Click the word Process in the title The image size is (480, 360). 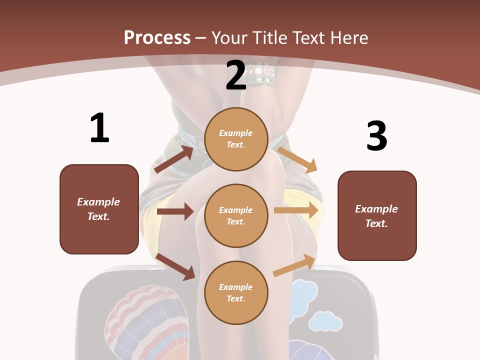pos(157,37)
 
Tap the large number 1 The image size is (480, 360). pos(99,128)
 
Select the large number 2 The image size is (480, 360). pos(236,75)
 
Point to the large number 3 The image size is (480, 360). pos(376,136)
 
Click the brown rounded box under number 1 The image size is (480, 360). pos(99,209)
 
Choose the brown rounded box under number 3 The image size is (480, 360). pos(377,215)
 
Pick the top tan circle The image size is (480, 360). pos(236,139)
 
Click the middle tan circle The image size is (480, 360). pos(236,215)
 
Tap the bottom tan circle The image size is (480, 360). pos(236,292)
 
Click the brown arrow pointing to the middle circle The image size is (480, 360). pos(175,211)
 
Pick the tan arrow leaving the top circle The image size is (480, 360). pos(297,159)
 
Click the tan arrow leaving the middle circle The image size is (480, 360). pos(296,210)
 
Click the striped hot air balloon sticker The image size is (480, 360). pos(147,320)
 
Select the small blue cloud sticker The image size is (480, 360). pos(325,321)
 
